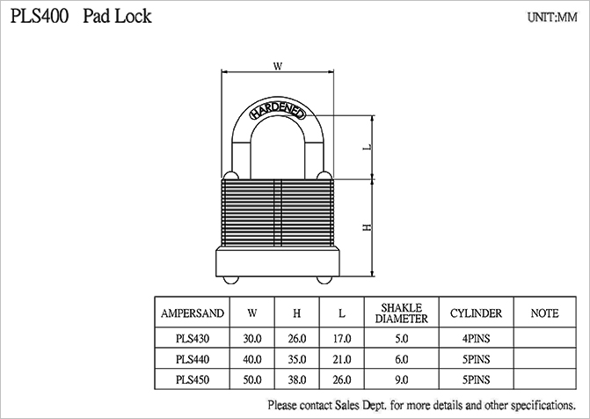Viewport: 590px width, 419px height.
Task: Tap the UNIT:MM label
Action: (x=552, y=17)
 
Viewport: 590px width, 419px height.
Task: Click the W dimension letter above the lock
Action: (x=277, y=66)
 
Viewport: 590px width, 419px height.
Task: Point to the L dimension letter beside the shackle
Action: (x=368, y=147)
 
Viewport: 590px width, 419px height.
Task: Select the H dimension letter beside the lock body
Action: (x=368, y=226)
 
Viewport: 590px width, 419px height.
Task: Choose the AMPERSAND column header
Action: (x=193, y=313)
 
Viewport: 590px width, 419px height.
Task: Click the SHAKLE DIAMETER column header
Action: (x=402, y=313)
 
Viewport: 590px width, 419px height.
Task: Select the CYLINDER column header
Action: (x=476, y=313)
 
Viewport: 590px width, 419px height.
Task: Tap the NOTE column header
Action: (x=545, y=313)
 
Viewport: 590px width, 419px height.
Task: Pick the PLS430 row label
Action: (x=193, y=338)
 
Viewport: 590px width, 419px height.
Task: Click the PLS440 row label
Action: (x=193, y=359)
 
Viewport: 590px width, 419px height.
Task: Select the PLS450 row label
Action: (x=193, y=380)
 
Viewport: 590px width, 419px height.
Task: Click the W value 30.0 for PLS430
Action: (x=253, y=338)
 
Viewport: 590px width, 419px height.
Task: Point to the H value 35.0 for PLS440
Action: (x=297, y=359)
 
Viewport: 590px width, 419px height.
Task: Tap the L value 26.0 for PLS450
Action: (x=342, y=380)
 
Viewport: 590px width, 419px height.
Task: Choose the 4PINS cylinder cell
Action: (x=476, y=338)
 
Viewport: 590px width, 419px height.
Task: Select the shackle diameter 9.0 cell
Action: (x=402, y=380)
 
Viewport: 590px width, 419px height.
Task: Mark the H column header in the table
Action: (x=297, y=313)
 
